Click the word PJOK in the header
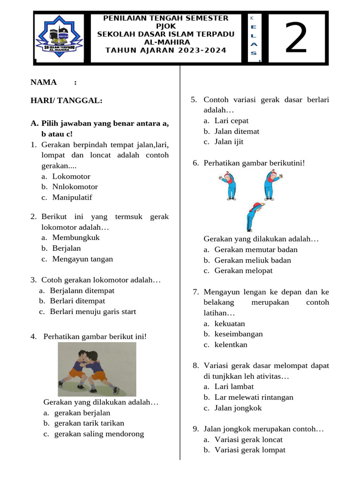tap(166, 26)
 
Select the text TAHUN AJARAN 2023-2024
tap(166, 50)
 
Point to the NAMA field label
tap(44, 82)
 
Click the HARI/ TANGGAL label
tap(66, 100)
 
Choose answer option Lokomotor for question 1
tap(71, 177)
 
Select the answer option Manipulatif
tap(72, 197)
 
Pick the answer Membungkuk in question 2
tap(76, 238)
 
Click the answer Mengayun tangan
tap(82, 259)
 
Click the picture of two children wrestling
tap(97, 369)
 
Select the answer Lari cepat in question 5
tap(232, 121)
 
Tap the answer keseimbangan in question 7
tap(239, 334)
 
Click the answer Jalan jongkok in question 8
tap(238, 408)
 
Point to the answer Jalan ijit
tap(229, 142)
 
